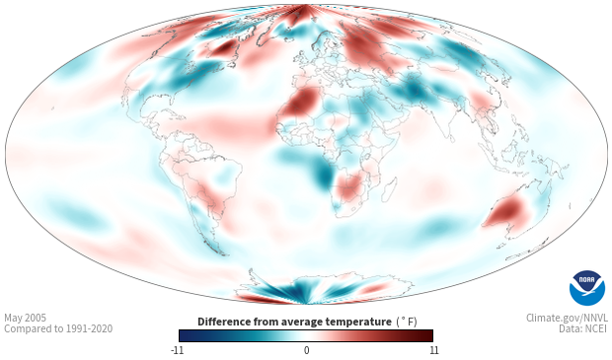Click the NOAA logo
click(587, 288)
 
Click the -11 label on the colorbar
click(177, 350)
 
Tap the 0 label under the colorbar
click(306, 350)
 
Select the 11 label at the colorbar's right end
click(433, 350)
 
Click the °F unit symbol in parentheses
click(407, 323)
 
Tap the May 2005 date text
click(25, 319)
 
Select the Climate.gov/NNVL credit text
click(567, 318)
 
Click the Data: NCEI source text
click(583, 328)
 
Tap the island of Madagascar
click(388, 189)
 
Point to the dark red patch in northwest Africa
click(301, 101)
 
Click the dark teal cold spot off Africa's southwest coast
click(323, 177)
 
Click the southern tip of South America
click(224, 254)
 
